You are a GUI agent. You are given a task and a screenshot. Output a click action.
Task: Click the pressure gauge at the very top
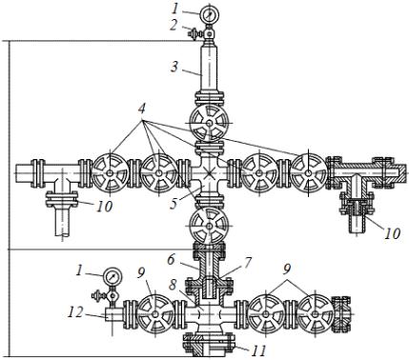coord(210,14)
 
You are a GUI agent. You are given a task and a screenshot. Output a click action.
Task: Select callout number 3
coord(174,68)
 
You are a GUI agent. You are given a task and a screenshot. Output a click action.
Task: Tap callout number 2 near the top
coord(173,26)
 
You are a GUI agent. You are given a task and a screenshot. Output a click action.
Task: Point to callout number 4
coord(142,109)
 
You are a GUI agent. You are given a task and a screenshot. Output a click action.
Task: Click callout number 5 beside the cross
coord(174,204)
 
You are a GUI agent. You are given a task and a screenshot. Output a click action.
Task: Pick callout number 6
coord(171,260)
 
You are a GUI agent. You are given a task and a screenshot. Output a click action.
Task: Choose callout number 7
coord(248,263)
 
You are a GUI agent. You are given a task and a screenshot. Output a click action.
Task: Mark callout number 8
coord(173,285)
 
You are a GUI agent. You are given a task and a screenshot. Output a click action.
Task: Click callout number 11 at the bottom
coord(258,351)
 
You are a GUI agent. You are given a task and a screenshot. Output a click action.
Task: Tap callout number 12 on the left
coord(75,312)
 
